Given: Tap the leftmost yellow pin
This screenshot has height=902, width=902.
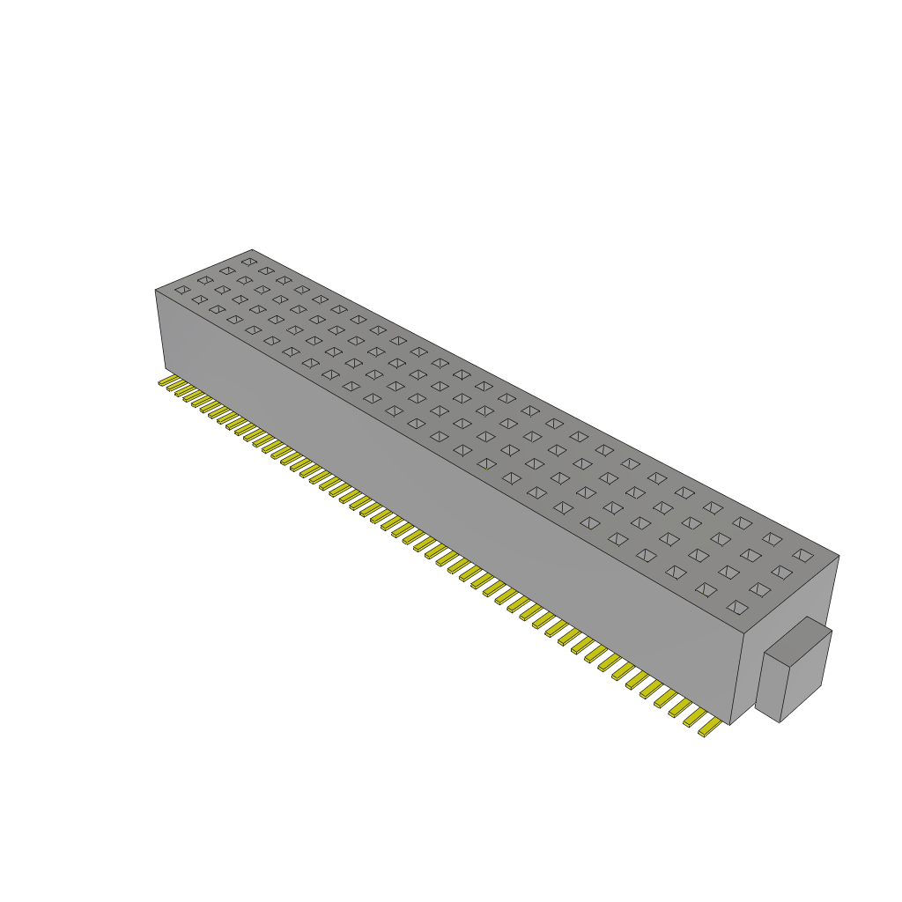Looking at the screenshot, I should pos(166,381).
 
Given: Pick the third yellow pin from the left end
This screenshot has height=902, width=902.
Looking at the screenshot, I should pos(183,391).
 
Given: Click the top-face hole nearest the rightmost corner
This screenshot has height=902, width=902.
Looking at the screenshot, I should pos(802,554).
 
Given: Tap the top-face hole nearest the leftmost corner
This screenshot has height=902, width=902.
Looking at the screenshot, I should pos(181,289).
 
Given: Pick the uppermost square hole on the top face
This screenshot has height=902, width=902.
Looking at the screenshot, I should pos(248,262).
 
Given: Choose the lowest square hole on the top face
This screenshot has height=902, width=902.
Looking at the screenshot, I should pos(736,607).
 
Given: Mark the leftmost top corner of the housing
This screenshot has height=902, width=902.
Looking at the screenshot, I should pos(156,290).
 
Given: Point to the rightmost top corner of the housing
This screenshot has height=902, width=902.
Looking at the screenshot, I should pos(839,556).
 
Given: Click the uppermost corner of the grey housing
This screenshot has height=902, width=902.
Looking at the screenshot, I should pos(252,249).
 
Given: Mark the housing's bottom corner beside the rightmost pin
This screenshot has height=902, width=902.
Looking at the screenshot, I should pos(730,725).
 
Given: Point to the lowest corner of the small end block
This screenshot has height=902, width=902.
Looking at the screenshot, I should pos(780,722).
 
